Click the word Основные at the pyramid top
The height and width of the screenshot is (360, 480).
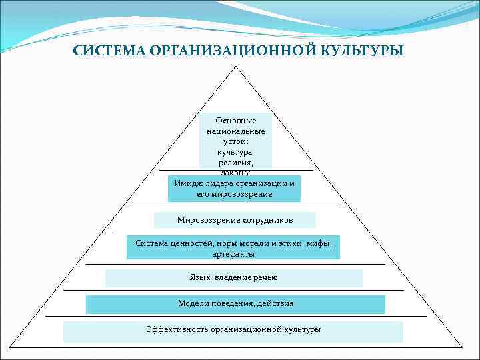(235, 121)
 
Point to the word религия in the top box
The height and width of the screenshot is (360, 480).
(235, 163)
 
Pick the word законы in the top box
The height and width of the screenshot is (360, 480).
(235, 173)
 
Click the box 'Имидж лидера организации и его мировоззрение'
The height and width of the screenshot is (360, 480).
(234, 189)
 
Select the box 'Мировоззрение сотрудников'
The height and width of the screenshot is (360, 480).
(235, 220)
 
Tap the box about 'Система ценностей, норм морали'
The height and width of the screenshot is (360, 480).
(233, 248)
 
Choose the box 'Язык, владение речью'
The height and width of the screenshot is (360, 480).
(233, 278)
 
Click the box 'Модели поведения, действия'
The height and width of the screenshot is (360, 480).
(235, 304)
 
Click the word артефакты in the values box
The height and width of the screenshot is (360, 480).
(233, 254)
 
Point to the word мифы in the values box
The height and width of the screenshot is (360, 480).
(318, 243)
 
